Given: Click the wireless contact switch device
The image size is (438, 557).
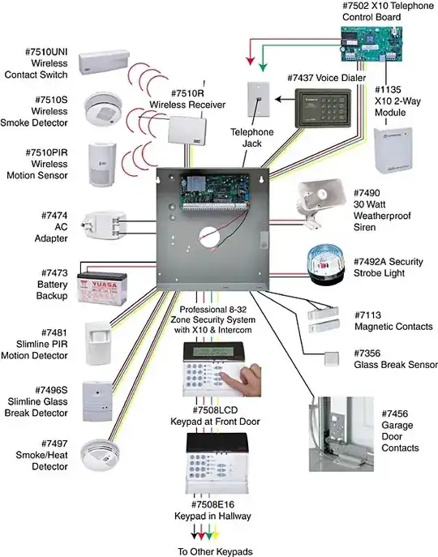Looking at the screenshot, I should tap(105, 58).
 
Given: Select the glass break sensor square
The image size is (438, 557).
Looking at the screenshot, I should tap(330, 358).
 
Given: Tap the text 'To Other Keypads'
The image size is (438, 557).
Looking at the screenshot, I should tap(217, 551).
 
